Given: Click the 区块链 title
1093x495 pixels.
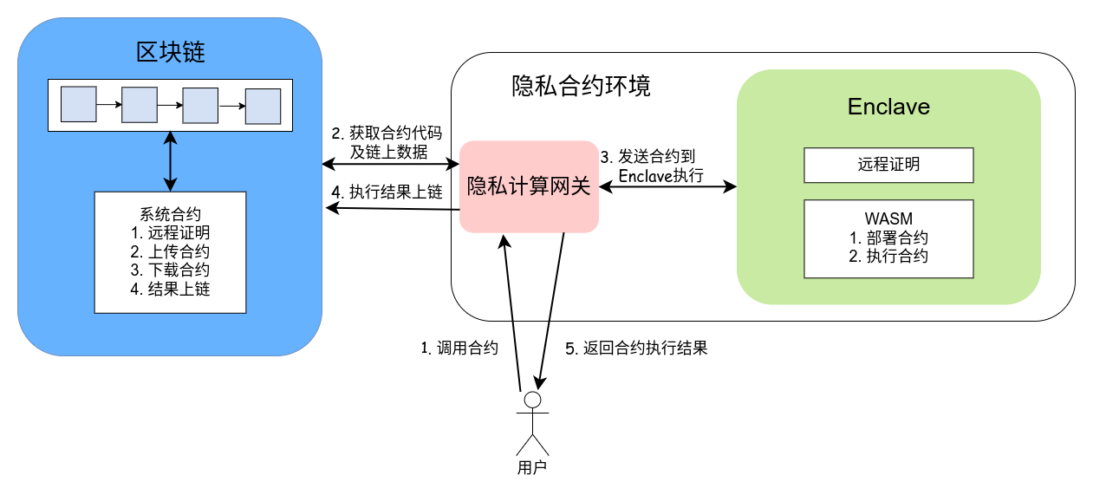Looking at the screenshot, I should point(170,53).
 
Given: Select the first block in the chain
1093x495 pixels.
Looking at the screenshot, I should point(77,104).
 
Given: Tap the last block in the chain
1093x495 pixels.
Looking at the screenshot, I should point(263,107).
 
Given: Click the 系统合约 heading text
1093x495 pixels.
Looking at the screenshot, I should point(170,214).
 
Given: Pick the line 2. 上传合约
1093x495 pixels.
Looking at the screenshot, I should point(170,251).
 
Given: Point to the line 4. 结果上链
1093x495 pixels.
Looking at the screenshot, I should point(170,289).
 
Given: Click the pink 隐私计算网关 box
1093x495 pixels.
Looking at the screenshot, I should point(529,186).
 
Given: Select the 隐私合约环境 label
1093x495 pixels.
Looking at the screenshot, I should point(581,87).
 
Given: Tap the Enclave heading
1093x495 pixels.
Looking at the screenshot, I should point(888,107).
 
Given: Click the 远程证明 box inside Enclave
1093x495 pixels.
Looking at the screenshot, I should point(888,165).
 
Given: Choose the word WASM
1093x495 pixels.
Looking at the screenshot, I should point(888,218).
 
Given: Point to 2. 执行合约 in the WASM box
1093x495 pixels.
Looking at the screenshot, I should point(888,257).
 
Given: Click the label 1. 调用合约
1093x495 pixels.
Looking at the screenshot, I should point(459,348).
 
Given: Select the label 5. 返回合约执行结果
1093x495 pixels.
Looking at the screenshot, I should point(636,348).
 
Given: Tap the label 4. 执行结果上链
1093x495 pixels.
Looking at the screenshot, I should point(387,192).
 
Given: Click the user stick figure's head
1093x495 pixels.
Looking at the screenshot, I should point(532,400).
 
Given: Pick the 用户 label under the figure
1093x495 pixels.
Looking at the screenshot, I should point(532,468).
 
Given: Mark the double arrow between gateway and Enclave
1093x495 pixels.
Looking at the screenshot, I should point(667,186).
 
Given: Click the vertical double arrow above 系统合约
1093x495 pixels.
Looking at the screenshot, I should point(170,160).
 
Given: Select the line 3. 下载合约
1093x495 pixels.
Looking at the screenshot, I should point(170,270).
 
